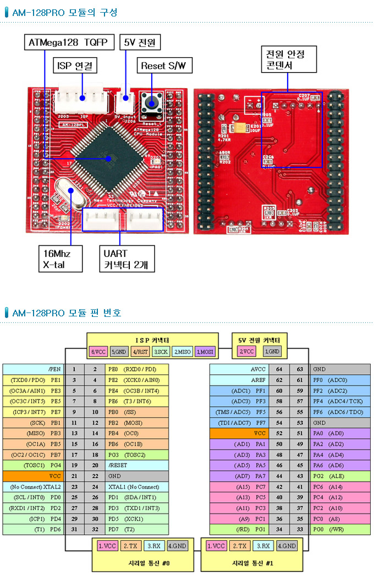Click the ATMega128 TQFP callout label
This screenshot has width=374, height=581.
[70, 42]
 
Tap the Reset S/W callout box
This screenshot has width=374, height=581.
[164, 66]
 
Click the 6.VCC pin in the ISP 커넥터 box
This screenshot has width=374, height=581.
[98, 352]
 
